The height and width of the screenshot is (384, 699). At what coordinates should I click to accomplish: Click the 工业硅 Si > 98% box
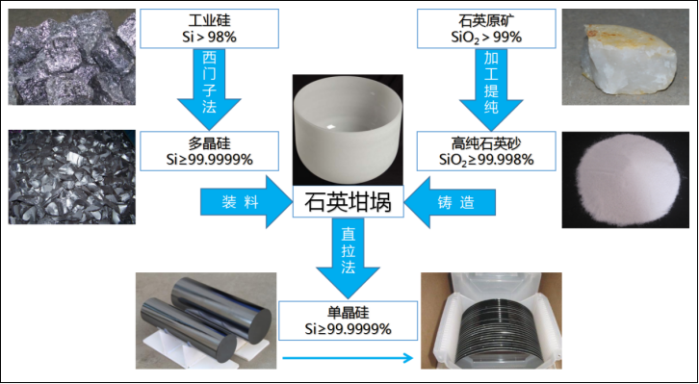coord(210,29)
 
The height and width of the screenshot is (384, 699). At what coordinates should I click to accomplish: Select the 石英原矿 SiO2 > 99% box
coord(486,29)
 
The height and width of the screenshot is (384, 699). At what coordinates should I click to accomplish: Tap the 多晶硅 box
coord(210,150)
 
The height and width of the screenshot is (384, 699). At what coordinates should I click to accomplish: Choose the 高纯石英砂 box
coord(486,150)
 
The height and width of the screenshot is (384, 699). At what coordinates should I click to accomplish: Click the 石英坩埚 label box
coord(348,201)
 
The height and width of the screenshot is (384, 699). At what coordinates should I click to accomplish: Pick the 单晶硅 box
coord(348,320)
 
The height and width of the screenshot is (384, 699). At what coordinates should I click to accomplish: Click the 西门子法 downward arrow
coord(209,89)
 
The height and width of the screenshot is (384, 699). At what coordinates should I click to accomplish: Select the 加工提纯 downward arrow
coord(491,89)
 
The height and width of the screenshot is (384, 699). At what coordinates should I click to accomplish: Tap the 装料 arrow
coord(246,202)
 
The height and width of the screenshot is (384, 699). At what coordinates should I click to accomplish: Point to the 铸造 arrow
coord(450,202)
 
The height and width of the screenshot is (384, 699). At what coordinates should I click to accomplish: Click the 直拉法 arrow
coord(348,258)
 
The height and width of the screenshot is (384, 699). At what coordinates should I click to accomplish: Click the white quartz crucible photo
coord(348,130)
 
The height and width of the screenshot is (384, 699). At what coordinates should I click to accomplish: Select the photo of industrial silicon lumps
coord(72,57)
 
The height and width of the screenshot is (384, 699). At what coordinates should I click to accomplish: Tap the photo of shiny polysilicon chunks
coord(72,177)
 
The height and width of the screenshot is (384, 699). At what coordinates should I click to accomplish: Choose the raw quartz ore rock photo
coord(626,57)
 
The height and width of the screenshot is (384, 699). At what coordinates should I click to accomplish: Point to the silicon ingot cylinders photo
coord(206,320)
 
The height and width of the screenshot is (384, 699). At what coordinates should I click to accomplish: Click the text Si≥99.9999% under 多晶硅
coord(210,160)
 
